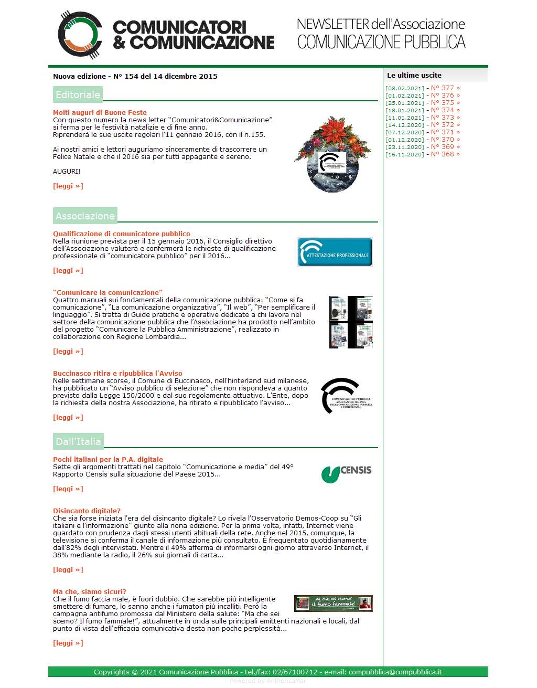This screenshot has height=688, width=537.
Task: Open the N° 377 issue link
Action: pyautogui.click(x=445, y=88)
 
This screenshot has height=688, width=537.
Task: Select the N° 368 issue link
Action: pyautogui.click(x=445, y=154)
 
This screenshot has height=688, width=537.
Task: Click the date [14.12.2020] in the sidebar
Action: pyautogui.click(x=404, y=125)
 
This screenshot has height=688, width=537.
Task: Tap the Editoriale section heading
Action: pyautogui.click(x=78, y=95)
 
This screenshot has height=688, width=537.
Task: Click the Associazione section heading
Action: pyautogui.click(x=85, y=216)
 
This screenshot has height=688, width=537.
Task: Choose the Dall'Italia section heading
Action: pyautogui.click(x=78, y=441)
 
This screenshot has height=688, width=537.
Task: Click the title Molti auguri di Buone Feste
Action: pyautogui.click(x=100, y=112)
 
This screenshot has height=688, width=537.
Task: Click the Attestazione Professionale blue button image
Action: pyautogui.click(x=335, y=252)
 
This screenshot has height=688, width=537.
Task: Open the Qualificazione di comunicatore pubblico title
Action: pyautogui.click(x=121, y=234)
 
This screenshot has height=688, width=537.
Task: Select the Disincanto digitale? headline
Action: pyautogui.click(x=87, y=511)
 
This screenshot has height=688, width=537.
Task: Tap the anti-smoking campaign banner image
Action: pyautogui.click(x=333, y=604)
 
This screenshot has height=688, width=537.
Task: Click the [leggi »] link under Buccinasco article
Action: pyautogui.click(x=68, y=418)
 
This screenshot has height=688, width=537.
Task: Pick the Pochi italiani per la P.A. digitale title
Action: pyautogui.click(x=108, y=459)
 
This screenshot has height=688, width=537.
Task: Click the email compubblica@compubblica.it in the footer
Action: pyautogui.click(x=395, y=672)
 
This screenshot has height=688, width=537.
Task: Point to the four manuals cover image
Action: pyautogui.click(x=351, y=322)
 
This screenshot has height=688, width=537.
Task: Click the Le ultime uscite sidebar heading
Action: pyautogui.click(x=414, y=75)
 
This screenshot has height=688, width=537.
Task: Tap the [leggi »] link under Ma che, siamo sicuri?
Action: pyautogui.click(x=68, y=643)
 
